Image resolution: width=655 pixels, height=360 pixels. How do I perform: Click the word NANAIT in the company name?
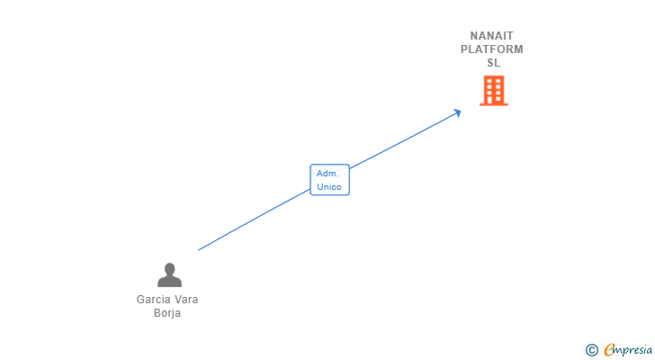[x=492, y=36]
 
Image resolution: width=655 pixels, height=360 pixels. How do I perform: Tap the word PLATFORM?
[x=492, y=49]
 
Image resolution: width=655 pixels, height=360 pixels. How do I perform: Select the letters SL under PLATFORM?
[x=493, y=63]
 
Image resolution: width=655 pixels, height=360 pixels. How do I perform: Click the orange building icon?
[x=493, y=90]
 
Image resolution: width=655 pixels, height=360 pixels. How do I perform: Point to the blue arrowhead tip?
[x=461, y=111]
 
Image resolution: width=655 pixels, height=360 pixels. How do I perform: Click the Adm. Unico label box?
[x=329, y=180]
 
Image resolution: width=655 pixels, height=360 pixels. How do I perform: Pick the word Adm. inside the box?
[x=327, y=173]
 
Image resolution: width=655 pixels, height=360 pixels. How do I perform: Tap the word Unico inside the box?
[x=329, y=187]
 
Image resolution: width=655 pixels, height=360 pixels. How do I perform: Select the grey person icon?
[x=168, y=274]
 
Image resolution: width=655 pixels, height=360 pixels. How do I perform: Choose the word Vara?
[x=186, y=300]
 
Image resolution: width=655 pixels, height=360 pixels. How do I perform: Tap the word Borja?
[x=167, y=313]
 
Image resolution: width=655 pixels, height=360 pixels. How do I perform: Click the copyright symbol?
[x=591, y=350]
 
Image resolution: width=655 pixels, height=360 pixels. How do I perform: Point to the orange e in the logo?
[x=609, y=350]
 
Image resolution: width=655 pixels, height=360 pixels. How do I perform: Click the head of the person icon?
[x=168, y=268]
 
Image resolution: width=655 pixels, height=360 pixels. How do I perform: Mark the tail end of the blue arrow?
[x=199, y=249]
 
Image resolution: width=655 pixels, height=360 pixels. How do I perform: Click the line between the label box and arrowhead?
[x=405, y=139]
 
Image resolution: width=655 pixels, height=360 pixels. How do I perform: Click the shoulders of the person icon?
[x=168, y=282]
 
